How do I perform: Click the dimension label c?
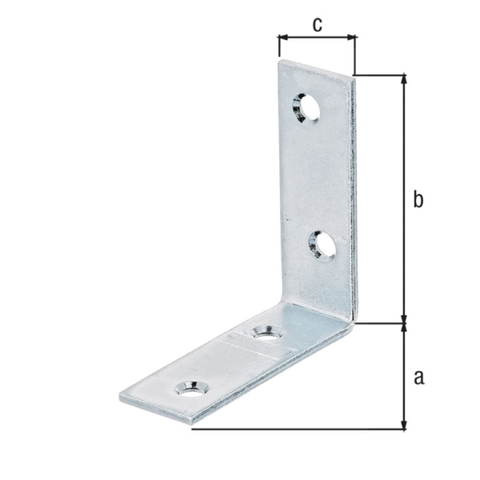point(317,24)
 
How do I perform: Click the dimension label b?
point(418,200)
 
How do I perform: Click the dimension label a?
point(419,377)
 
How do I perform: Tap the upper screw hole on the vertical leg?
point(306,108)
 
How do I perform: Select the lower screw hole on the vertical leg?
point(322,245)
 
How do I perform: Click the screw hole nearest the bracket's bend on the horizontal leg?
point(266,332)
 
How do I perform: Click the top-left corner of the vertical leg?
point(279,60)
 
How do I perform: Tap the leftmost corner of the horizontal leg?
point(120,396)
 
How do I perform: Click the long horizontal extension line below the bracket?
point(298,429)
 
